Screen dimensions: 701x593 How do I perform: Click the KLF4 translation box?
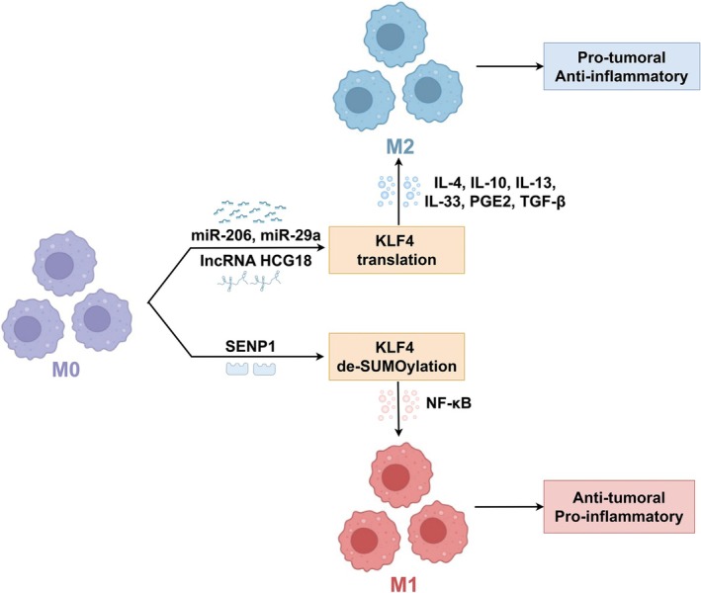click(x=396, y=250)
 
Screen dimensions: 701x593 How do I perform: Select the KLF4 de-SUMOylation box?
click(x=396, y=357)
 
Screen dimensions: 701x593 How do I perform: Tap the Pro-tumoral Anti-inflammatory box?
click(x=622, y=66)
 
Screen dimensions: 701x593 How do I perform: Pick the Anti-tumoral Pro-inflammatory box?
click(x=619, y=507)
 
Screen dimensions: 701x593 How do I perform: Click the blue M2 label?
click(x=400, y=147)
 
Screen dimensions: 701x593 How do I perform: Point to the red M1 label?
click(x=403, y=584)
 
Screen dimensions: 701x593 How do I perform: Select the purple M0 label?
click(x=66, y=370)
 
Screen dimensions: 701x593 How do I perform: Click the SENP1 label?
click(x=249, y=346)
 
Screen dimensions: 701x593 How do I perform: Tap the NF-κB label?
click(x=449, y=403)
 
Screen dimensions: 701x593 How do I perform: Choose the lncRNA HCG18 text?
click(x=256, y=260)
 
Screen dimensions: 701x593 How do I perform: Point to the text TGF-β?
click(x=543, y=202)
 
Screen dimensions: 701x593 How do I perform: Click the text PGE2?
click(x=490, y=202)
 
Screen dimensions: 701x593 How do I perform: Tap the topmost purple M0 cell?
click(x=65, y=264)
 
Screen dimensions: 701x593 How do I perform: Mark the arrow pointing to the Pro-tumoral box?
click(x=510, y=66)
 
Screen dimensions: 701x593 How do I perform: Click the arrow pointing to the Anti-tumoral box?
click(x=509, y=507)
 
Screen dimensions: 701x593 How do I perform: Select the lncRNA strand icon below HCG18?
click(x=250, y=281)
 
